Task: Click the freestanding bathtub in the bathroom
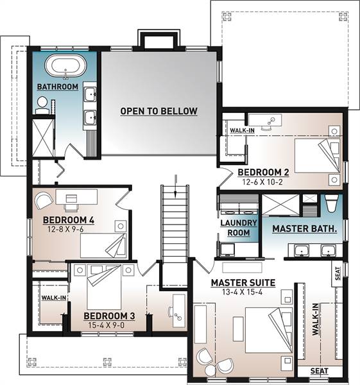(x=66, y=65)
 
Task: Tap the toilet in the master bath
(x=332, y=203)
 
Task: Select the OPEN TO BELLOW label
(x=159, y=111)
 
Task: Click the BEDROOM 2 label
(x=263, y=172)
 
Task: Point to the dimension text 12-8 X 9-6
(x=65, y=229)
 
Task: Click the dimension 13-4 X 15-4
(x=242, y=292)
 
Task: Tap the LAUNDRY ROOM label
(x=239, y=228)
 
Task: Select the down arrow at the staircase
(x=175, y=186)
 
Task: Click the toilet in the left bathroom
(x=42, y=105)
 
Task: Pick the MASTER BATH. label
(x=305, y=229)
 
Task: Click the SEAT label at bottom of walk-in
(x=319, y=371)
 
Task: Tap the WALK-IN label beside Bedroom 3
(x=54, y=298)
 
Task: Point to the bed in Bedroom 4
(x=103, y=246)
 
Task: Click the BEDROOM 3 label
(x=109, y=316)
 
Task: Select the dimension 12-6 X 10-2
(x=262, y=182)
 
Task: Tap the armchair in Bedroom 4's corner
(x=44, y=200)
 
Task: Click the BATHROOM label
(x=58, y=87)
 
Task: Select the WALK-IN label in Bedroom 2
(x=242, y=130)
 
